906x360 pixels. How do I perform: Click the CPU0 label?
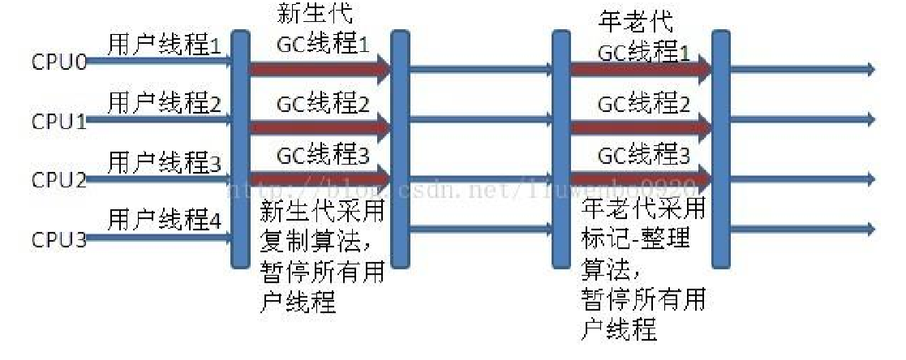point(59,62)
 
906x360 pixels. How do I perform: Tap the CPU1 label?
point(59,122)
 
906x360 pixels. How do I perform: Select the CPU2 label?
point(59,180)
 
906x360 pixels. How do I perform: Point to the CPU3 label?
point(59,239)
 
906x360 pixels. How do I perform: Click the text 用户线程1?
point(165,46)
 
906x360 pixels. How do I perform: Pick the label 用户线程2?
point(165,103)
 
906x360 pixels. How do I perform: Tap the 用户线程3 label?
point(165,161)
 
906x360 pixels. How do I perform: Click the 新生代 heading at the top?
point(304,14)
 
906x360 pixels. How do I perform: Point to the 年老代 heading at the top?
point(624,20)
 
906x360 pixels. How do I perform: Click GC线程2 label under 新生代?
point(323,104)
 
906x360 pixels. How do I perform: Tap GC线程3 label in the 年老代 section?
point(645,154)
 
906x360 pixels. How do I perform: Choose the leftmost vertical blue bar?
point(239,149)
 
